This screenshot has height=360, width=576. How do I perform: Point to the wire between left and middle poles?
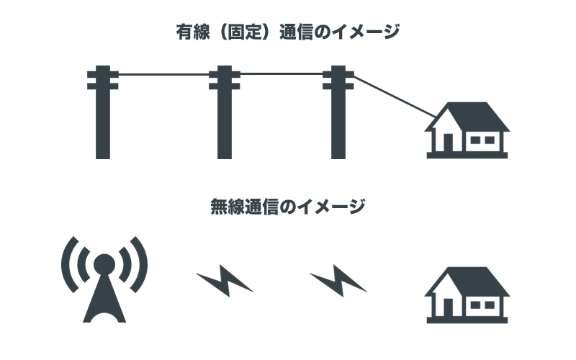(x=163, y=74)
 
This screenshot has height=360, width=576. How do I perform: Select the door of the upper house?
(x=449, y=141)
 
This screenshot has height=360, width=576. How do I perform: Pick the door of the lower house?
(x=449, y=307)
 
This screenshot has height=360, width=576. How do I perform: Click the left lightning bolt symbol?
(x=224, y=280)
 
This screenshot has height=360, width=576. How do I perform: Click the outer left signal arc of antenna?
(x=67, y=264)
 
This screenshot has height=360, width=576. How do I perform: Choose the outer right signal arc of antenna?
(x=142, y=264)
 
